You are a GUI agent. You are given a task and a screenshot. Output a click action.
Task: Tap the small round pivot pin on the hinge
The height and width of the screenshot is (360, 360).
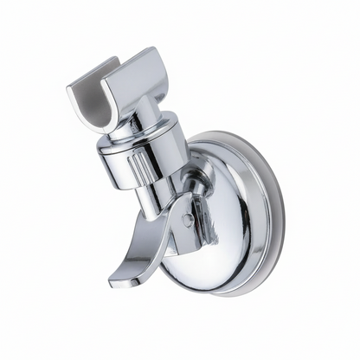(187, 220)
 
